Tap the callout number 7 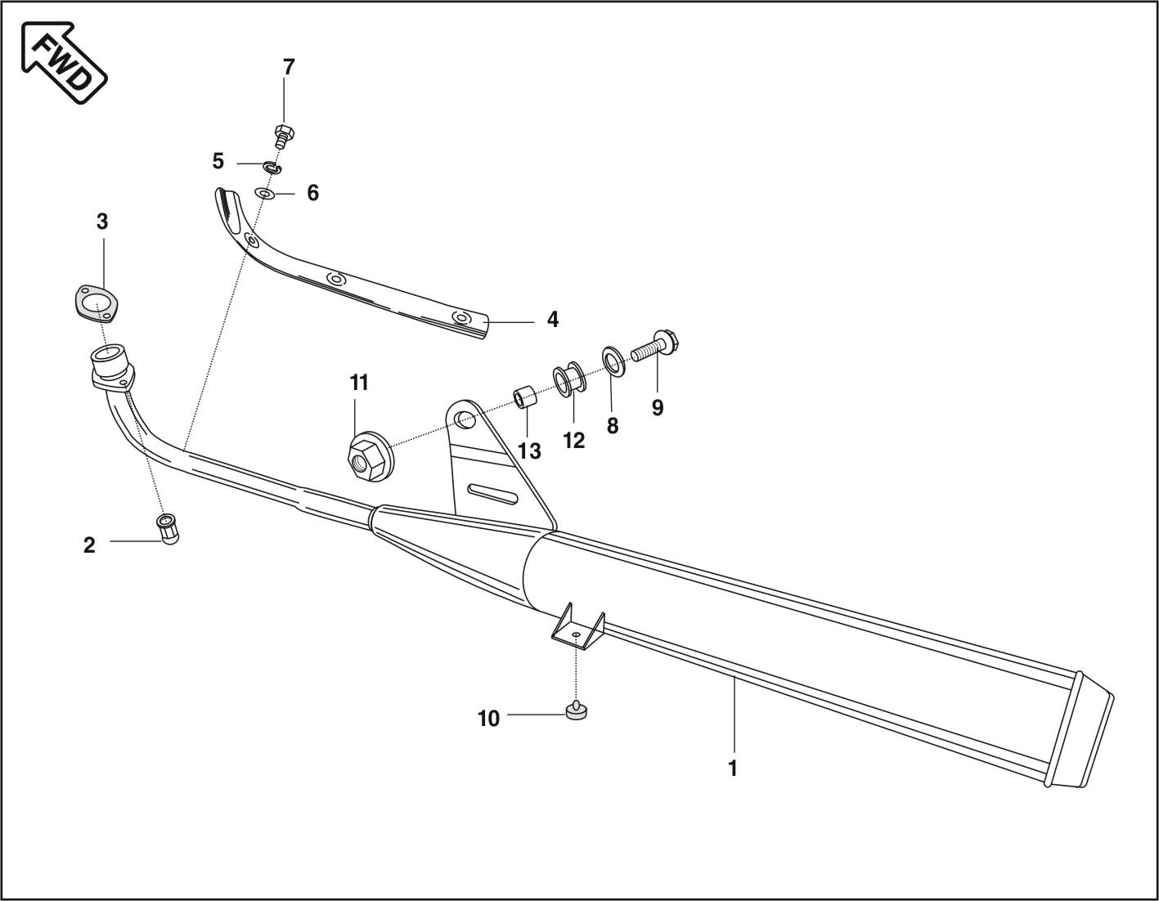pos(288,67)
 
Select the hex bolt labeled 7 pos(284,135)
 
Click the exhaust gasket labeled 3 pos(96,304)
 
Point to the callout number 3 pos(101,221)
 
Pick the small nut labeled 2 pos(168,529)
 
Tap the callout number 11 pos(359,382)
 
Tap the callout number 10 pos(488,719)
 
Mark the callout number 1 pos(733,769)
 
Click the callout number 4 pos(553,320)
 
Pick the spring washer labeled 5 pos(272,168)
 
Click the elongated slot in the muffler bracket pos(492,493)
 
